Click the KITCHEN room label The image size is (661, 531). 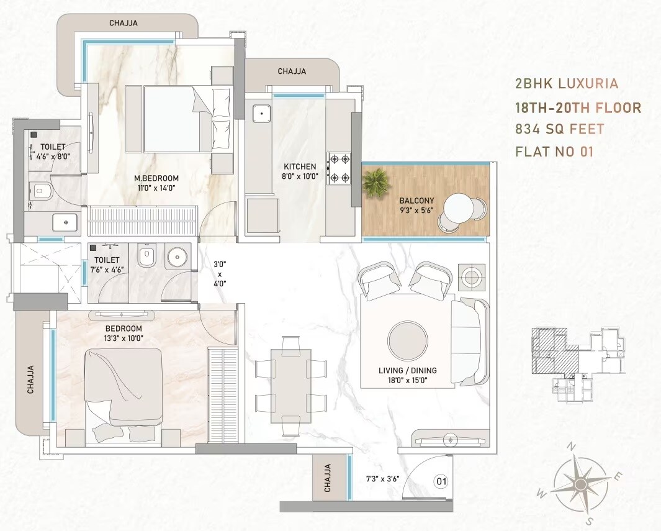point(300,166)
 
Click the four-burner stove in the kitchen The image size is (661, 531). point(339,168)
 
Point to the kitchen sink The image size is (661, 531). point(261,114)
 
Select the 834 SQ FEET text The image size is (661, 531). point(559,129)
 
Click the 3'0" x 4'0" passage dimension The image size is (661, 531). point(220,274)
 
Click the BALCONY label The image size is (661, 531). point(416,201)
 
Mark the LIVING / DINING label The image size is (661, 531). point(408,370)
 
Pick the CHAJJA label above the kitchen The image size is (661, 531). point(292,71)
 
